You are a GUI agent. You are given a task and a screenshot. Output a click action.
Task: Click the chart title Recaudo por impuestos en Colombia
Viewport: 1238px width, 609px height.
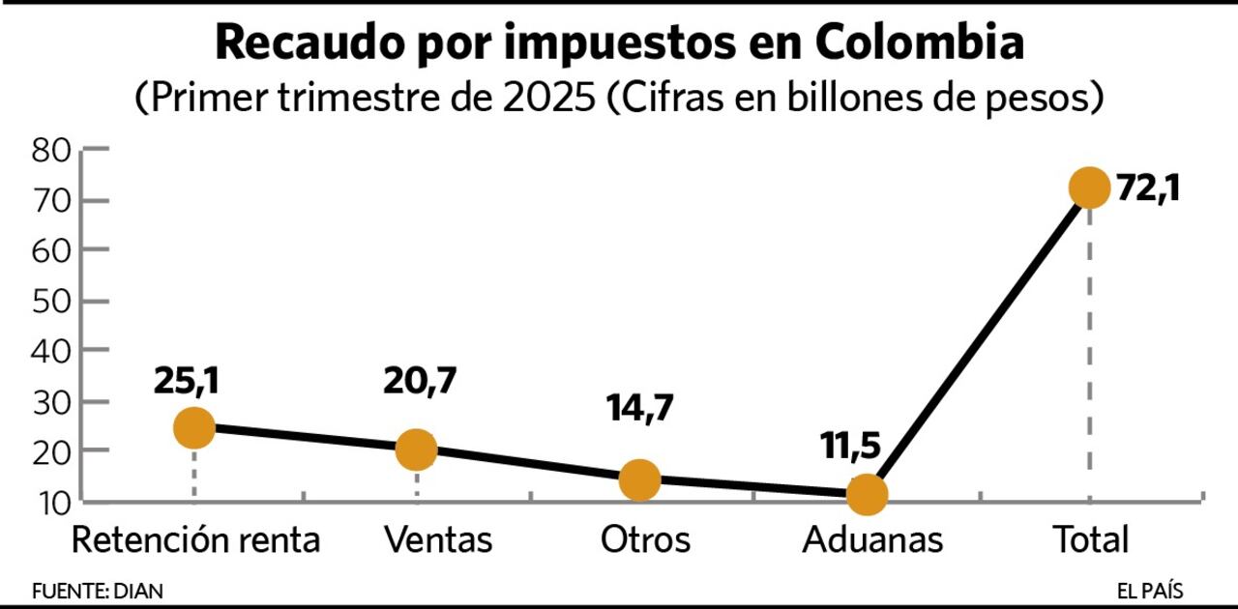point(619,43)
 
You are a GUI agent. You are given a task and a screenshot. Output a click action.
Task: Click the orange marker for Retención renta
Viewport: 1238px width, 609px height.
point(194,427)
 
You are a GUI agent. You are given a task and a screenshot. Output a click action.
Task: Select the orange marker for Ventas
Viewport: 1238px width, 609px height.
point(417,449)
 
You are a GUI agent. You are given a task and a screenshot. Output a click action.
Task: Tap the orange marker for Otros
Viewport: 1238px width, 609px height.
point(639,479)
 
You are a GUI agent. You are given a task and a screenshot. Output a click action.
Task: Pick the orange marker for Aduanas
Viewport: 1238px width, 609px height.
point(867,495)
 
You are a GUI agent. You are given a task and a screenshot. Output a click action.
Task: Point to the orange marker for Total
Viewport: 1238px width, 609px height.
point(1089,188)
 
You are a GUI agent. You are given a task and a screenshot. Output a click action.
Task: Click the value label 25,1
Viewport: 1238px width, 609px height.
point(186,381)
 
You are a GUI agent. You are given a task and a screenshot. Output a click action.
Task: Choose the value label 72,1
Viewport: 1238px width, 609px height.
point(1148,188)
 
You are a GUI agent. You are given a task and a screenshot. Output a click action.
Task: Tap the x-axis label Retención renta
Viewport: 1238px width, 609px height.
point(195,540)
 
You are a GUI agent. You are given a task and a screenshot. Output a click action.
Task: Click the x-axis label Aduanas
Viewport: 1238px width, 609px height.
point(871,540)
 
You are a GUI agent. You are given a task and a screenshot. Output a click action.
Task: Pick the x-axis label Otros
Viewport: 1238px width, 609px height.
point(645,540)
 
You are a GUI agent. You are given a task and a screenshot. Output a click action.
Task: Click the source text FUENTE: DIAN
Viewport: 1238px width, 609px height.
point(98,591)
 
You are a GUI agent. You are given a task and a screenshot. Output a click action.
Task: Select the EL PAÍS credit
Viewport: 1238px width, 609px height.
point(1149,591)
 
